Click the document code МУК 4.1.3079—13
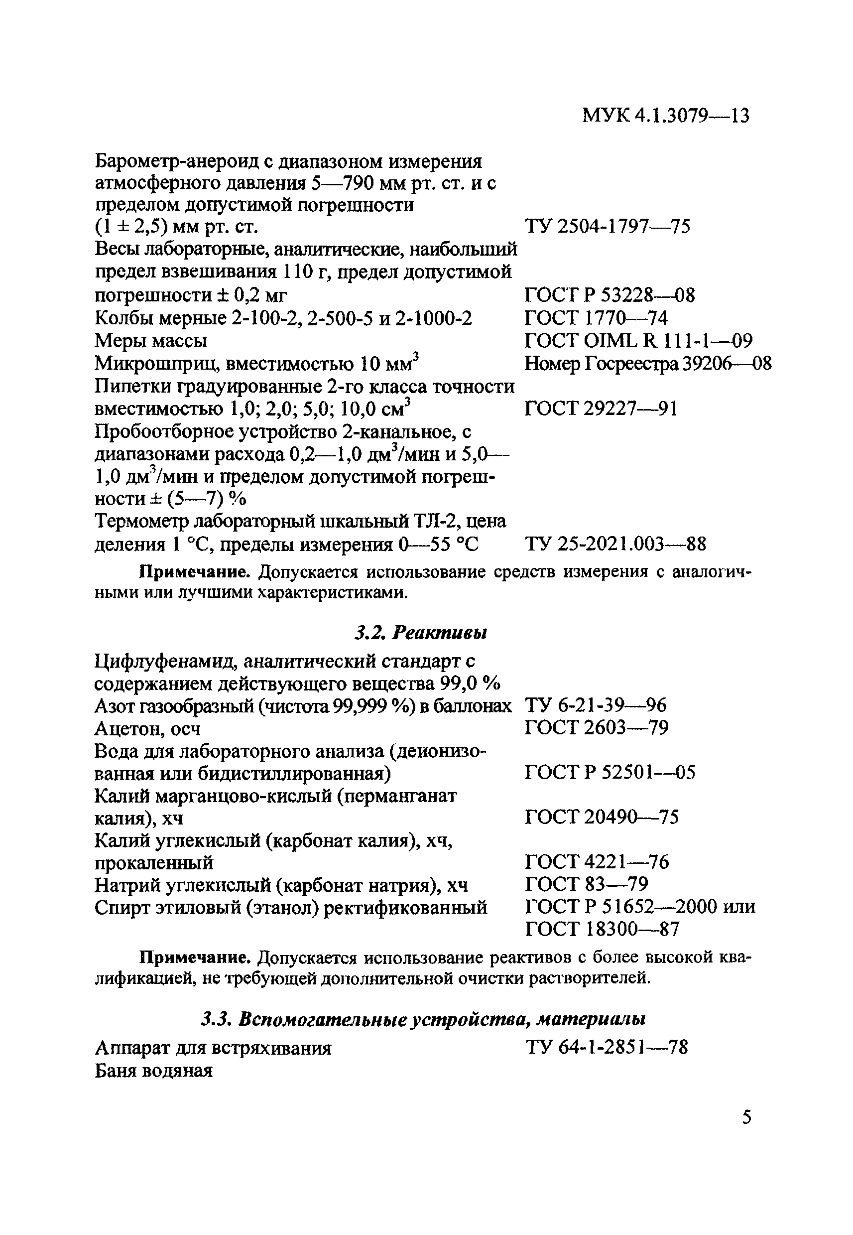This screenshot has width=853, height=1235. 665,116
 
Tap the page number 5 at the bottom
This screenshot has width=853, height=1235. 746,1117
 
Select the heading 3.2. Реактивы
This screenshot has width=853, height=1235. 421,634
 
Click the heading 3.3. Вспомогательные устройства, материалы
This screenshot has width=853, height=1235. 423,1019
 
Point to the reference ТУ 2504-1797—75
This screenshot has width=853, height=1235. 607,227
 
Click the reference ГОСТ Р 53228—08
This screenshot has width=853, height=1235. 609,295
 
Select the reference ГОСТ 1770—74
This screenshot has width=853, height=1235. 596,319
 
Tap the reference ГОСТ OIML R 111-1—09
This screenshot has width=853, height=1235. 639,341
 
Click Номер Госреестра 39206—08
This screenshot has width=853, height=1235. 648,364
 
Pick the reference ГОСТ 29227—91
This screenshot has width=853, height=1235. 601,409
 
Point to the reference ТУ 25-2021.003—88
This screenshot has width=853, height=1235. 615,545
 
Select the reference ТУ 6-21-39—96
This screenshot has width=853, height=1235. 596,706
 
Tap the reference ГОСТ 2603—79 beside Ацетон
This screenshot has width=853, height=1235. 597,728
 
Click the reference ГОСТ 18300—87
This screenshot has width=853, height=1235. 602,929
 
